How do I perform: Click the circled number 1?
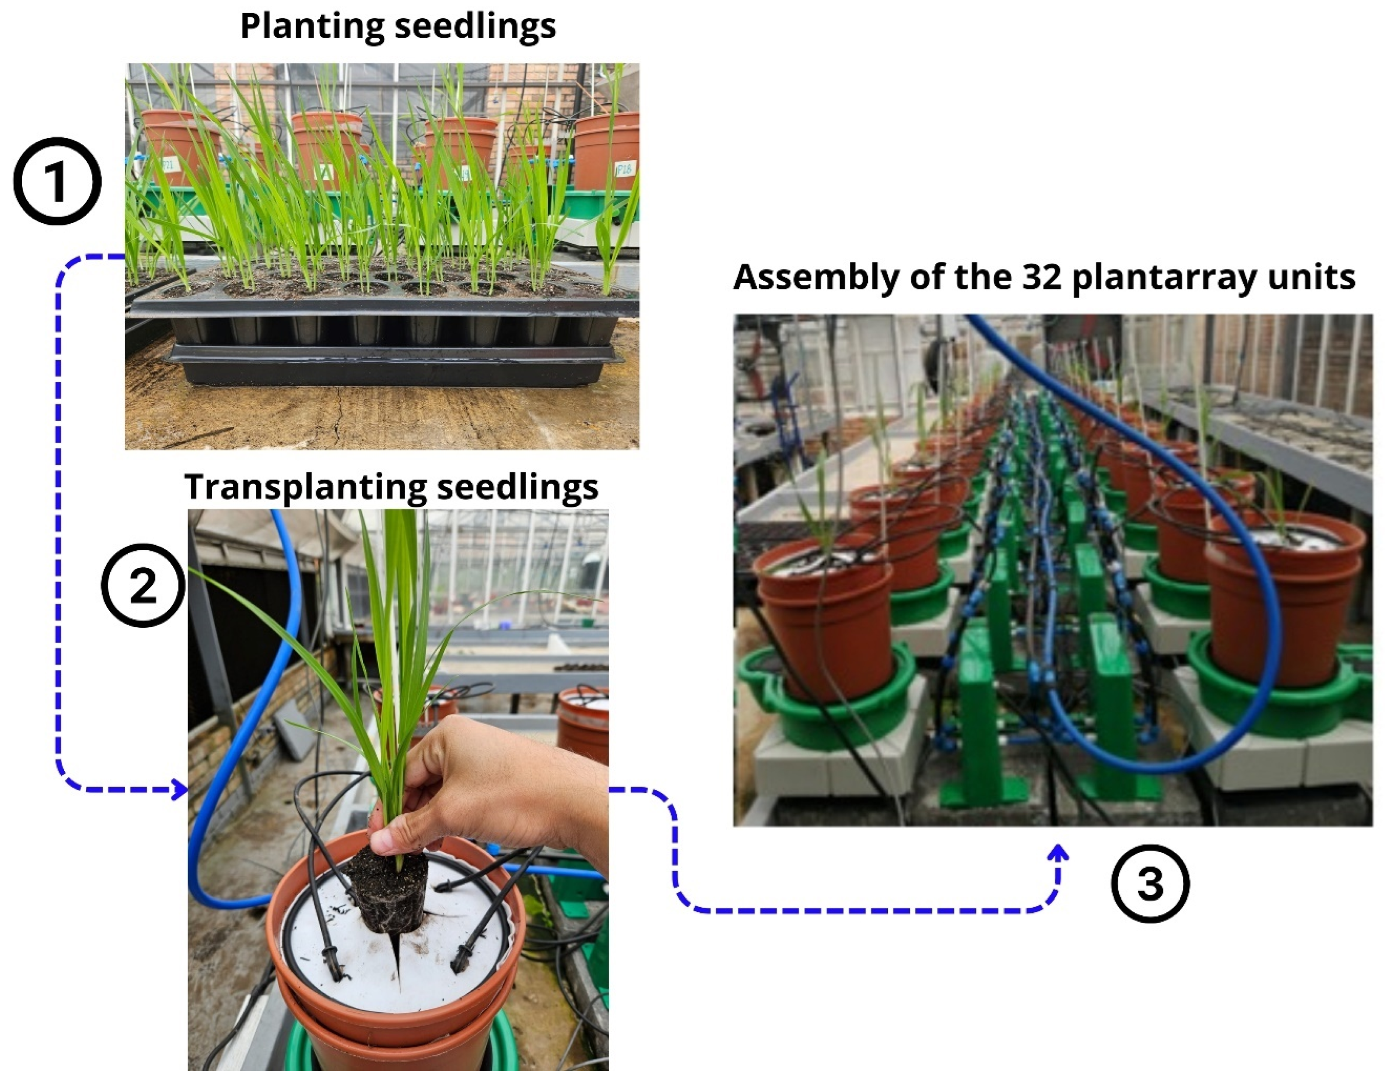[x=57, y=182]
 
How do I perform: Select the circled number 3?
[x=1150, y=883]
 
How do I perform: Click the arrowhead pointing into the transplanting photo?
[x=180, y=790]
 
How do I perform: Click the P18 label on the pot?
[x=624, y=169]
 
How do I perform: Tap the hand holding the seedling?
[x=482, y=781]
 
